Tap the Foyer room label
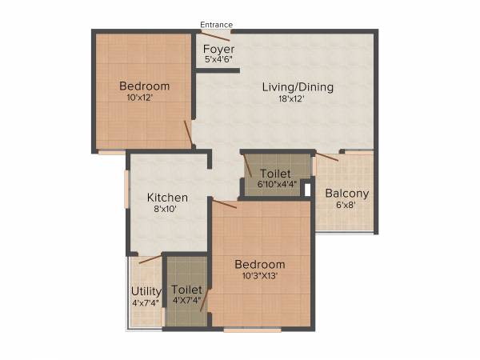coord(218,49)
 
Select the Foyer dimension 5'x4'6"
coord(218,60)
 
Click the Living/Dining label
coord(298,87)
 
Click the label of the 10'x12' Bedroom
coord(144,86)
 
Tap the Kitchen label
coord(167,197)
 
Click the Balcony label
coord(346,193)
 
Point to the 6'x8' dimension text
coord(346,205)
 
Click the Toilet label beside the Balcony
coord(274,173)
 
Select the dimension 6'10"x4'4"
coord(277,184)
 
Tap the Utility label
coord(146,291)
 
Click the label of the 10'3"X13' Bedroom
coord(259,265)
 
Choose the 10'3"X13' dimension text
coord(259,277)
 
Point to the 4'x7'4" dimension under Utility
coord(146,303)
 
